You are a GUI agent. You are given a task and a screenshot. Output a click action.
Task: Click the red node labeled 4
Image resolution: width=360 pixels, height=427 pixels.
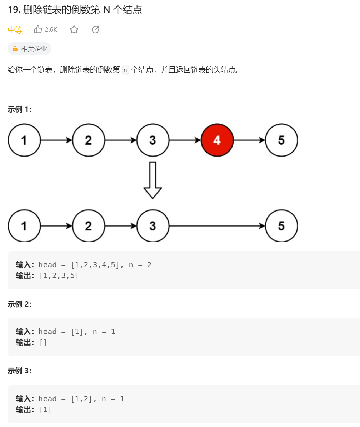pyautogui.click(x=217, y=140)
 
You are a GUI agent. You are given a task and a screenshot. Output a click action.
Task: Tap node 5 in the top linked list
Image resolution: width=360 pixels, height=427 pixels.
pyautogui.click(x=281, y=140)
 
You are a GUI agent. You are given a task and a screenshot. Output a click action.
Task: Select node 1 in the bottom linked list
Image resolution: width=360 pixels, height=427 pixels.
pyautogui.click(x=24, y=226)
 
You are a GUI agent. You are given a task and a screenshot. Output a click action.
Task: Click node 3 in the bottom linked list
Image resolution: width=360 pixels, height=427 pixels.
pyautogui.click(x=153, y=226)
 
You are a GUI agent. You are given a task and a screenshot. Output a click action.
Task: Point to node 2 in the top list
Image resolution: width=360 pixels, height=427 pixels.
pyautogui.click(x=89, y=140)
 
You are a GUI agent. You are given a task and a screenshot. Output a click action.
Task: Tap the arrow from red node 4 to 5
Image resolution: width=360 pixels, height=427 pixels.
pyautogui.click(x=249, y=140)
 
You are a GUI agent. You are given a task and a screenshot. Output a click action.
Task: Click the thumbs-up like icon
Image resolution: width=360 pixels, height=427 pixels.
pyautogui.click(x=38, y=29)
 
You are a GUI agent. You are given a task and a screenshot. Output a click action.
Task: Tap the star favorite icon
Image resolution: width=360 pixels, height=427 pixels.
pyautogui.click(x=74, y=30)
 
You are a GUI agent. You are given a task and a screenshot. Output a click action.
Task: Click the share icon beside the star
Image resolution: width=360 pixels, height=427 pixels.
pyautogui.click(x=95, y=30)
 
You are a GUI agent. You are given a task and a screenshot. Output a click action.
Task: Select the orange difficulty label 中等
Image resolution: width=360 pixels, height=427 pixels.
pyautogui.click(x=15, y=30)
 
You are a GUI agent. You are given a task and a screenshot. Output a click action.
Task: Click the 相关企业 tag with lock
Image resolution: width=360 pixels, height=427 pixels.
pyautogui.click(x=30, y=49)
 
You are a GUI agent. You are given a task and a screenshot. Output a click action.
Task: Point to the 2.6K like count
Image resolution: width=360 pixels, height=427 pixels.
pyautogui.click(x=51, y=30)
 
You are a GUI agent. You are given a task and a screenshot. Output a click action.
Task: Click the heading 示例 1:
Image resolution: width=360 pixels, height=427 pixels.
pyautogui.click(x=20, y=110)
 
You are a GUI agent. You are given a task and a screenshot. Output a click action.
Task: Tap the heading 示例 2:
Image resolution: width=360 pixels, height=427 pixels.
pyautogui.click(x=20, y=304)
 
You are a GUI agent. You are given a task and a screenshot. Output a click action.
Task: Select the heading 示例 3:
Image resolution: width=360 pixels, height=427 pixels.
pyautogui.click(x=20, y=371)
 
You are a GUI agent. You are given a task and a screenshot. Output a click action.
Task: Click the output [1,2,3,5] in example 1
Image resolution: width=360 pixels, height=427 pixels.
pyautogui.click(x=59, y=275)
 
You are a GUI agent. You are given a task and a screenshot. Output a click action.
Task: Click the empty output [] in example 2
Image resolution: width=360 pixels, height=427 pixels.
pyautogui.click(x=43, y=343)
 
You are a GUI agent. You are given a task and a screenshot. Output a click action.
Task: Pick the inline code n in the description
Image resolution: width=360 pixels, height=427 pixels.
pyautogui.click(x=125, y=70)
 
